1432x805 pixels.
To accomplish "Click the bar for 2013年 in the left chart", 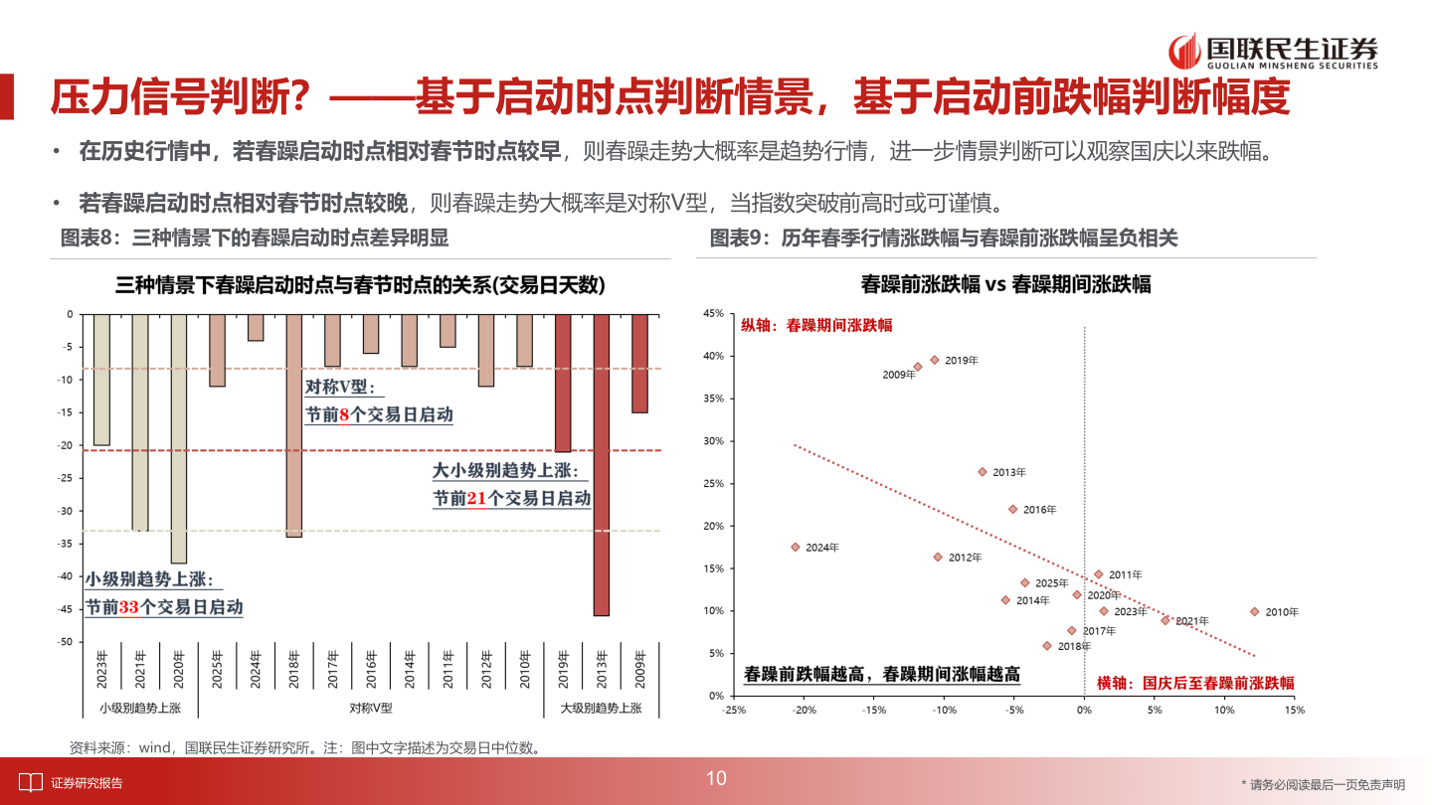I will click(601, 464).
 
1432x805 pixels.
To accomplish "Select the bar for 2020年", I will click(178, 438).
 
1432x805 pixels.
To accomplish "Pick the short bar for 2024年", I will click(256, 327).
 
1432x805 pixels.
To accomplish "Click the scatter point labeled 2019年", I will click(935, 360).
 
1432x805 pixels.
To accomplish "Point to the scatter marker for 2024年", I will click(796, 547).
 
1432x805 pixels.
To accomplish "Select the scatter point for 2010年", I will click(1254, 611).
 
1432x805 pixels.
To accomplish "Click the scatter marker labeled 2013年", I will click(983, 472).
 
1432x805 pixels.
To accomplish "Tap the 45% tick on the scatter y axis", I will click(713, 314).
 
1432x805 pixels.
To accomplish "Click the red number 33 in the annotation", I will click(128, 606).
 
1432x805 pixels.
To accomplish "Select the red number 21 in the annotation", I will click(475, 499).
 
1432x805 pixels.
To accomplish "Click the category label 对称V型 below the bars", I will click(370, 709).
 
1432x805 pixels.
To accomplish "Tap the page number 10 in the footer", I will click(716, 778).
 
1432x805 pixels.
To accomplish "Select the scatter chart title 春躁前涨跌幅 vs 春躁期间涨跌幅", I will click(1005, 284).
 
